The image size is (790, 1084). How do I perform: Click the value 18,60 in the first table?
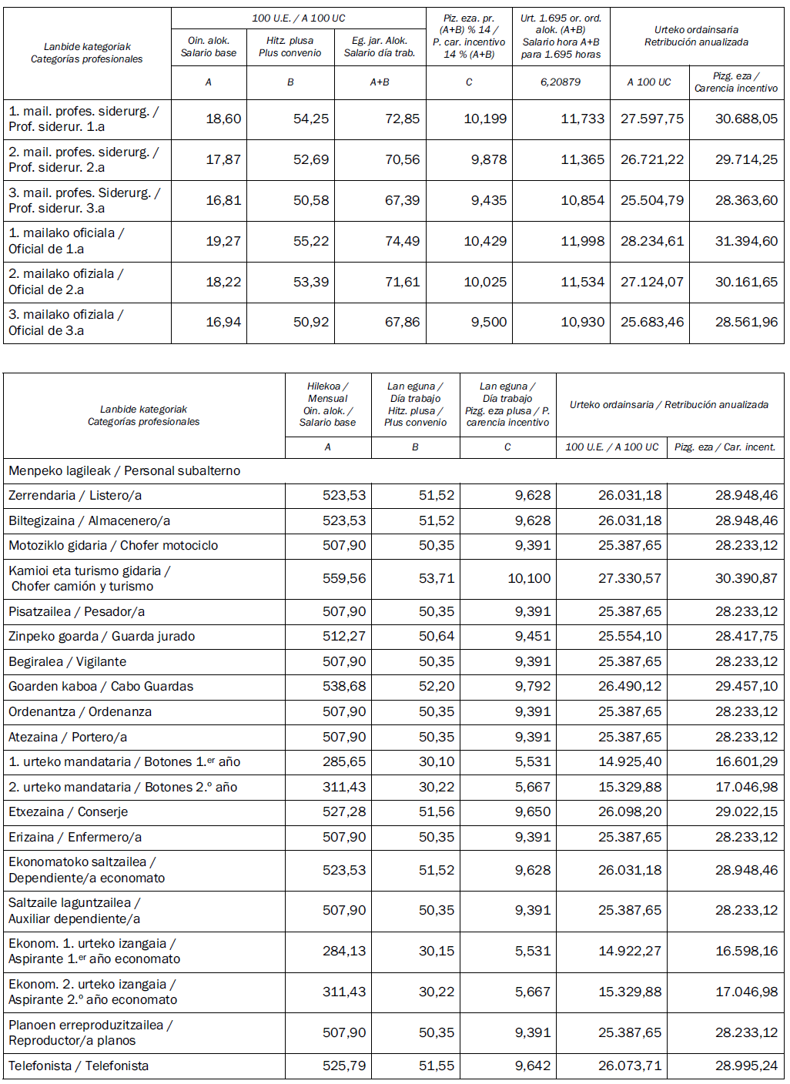(x=223, y=119)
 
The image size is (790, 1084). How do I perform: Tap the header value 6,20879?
(x=561, y=82)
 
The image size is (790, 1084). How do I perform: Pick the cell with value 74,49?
(x=402, y=242)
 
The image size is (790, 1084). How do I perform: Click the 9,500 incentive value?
(x=489, y=323)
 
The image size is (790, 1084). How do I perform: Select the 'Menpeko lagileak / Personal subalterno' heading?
(x=124, y=471)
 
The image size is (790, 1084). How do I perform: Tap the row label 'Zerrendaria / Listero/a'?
(x=75, y=496)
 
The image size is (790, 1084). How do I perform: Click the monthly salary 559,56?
(x=344, y=579)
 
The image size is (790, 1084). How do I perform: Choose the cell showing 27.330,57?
(x=629, y=579)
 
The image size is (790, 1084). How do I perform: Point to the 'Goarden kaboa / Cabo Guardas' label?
(x=101, y=687)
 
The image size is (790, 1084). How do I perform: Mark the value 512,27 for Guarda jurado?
(x=344, y=637)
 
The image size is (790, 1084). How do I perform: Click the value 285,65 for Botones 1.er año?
(x=344, y=762)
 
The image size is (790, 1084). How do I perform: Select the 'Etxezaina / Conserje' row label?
(x=68, y=812)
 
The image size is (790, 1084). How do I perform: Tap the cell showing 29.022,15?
(x=746, y=812)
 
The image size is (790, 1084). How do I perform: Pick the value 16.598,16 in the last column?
(x=746, y=952)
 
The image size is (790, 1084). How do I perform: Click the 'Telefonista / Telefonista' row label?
(x=79, y=1066)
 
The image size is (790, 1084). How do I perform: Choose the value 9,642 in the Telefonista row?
(x=533, y=1066)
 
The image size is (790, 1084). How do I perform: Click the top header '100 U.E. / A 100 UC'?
(x=299, y=18)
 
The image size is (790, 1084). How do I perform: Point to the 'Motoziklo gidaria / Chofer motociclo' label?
(x=113, y=546)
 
